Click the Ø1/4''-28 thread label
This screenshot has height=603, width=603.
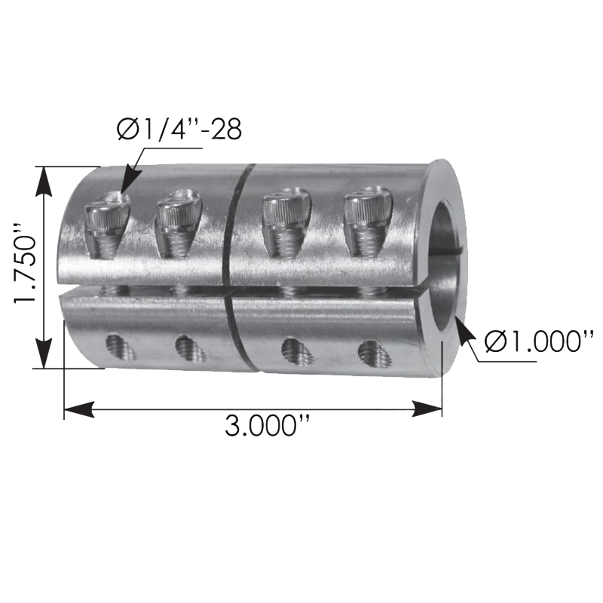179,129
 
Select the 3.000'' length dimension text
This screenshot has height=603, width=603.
268,426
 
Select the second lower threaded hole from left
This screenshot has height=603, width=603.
188,347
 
